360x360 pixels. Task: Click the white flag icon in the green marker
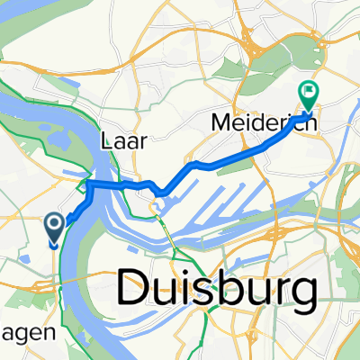[309, 89]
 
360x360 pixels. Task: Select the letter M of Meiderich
[223, 121]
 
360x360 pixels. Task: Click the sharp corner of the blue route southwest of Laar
[87, 184]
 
